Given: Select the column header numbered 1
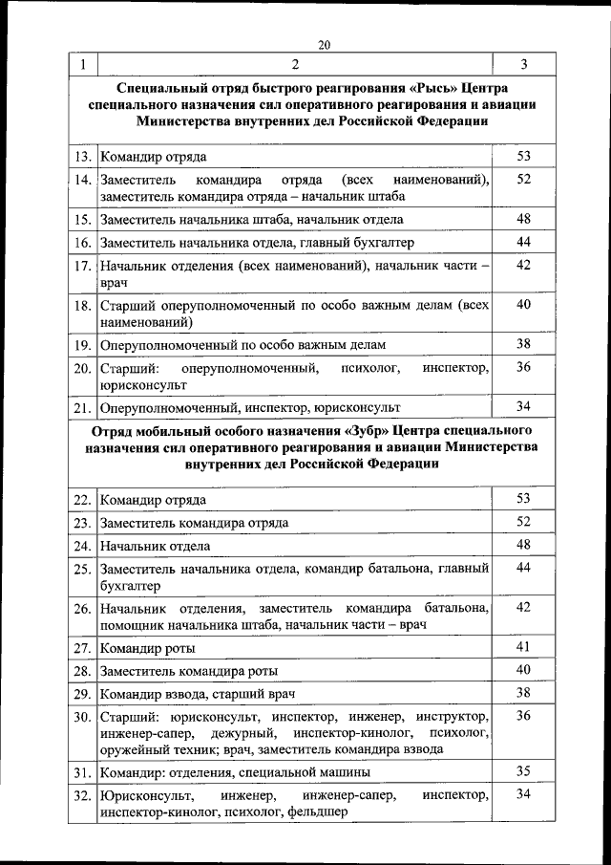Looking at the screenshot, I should click(x=82, y=65).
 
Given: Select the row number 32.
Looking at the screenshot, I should click(x=82, y=795).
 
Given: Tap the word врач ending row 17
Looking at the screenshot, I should click(x=112, y=283).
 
